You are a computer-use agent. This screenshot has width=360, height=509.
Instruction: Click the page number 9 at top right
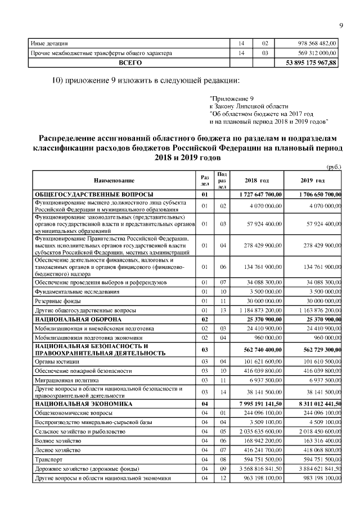coord(341,25)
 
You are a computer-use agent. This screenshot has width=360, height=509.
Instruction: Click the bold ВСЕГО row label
coord(130,64)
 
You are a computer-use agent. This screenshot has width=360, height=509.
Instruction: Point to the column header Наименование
coord(114,180)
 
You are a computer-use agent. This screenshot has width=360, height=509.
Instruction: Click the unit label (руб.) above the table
coord(334,167)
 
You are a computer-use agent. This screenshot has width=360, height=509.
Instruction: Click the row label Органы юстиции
coord(56,362)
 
